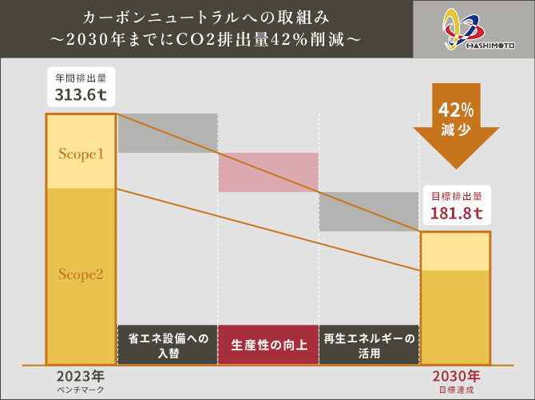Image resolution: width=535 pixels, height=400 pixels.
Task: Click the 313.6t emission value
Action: coord(80,96)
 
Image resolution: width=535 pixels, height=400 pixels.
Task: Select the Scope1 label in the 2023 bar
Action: coord(81,153)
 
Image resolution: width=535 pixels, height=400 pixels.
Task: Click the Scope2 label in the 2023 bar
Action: coord(81,274)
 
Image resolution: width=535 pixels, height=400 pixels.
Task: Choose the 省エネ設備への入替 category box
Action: coord(168,345)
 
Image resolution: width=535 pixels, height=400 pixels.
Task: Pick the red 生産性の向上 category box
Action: coord(268,345)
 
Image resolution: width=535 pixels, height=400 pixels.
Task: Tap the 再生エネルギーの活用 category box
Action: coord(369,345)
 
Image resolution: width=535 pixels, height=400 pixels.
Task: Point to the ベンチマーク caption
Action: coord(81,389)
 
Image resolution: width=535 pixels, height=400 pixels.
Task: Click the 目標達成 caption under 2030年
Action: coord(456,389)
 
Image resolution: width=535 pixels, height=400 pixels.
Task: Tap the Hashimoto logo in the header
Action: coord(474,29)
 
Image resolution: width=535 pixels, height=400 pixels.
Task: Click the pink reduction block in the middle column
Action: coord(268,172)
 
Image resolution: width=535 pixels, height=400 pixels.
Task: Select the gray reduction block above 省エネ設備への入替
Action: coord(168,133)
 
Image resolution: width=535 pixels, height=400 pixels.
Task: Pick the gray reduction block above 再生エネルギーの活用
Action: coord(369,211)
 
